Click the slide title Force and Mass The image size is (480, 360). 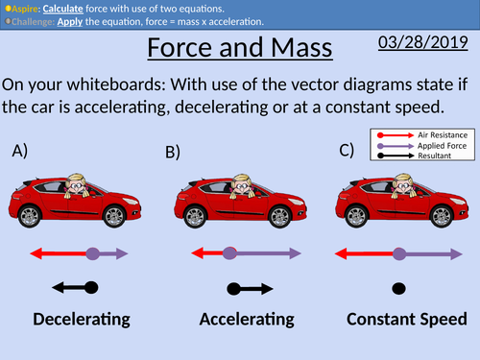pos(239,49)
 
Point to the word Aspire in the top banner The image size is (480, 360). pos(20,7)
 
